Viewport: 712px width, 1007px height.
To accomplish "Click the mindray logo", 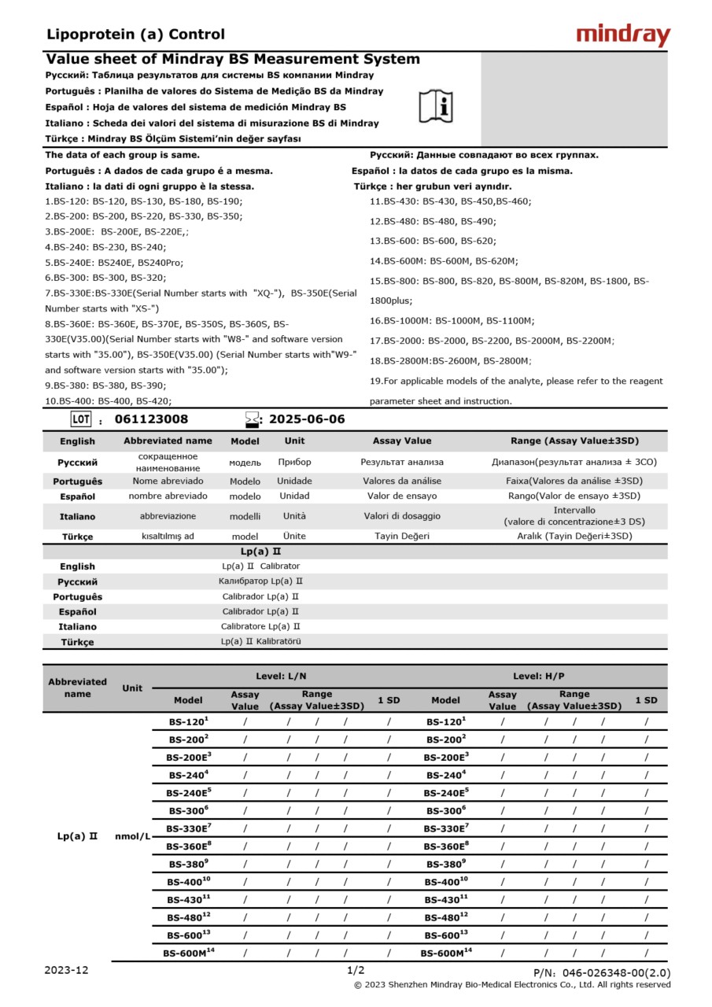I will (623, 35).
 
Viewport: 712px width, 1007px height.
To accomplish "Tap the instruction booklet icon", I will (435, 105).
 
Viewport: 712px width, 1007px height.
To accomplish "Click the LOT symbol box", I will (81, 419).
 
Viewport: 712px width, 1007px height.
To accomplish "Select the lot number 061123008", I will (152, 419).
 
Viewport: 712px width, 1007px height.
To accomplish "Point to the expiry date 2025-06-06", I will (307, 419).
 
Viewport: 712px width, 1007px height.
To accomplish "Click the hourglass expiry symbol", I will (252, 419).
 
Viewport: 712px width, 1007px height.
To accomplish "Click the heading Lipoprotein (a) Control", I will (135, 35).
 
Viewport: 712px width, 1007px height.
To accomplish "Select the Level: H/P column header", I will (539, 676).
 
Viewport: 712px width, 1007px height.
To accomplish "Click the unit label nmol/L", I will (132, 835).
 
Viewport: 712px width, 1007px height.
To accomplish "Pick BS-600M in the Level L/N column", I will (189, 954).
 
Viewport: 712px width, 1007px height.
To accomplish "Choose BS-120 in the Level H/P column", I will (445, 721).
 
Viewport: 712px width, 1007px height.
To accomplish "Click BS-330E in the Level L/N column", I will (189, 828).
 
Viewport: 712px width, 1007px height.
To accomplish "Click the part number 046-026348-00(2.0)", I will (602, 973).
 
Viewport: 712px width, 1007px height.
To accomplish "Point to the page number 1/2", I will (356, 970).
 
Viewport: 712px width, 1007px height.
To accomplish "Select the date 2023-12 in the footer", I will (67, 970).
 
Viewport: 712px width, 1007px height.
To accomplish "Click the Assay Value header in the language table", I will (402, 441).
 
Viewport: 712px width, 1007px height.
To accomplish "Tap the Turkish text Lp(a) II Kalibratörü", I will (260, 641).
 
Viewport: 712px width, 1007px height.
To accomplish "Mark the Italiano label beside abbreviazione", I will (78, 517).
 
